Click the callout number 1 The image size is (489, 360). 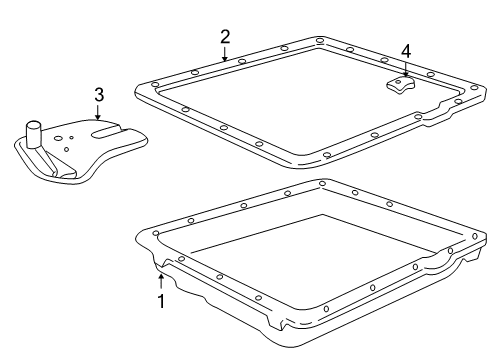(161, 301)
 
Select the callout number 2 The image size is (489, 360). (225, 37)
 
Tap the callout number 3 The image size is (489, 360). (99, 95)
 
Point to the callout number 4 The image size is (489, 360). (406, 52)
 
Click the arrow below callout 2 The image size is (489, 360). (225, 54)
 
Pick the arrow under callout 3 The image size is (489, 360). (98, 112)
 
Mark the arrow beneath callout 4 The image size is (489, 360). (406, 69)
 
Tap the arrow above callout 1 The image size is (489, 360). (161, 281)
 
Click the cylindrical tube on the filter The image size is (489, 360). (33, 134)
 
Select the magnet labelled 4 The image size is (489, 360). (401, 85)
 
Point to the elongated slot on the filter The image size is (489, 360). (106, 132)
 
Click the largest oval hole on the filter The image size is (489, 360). (58, 138)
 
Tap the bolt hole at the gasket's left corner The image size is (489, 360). (155, 84)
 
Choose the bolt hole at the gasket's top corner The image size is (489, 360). (320, 41)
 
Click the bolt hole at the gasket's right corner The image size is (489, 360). (474, 88)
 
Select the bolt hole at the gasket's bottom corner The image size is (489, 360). (327, 154)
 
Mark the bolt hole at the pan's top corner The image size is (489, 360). (322, 183)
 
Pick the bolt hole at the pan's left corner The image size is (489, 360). (156, 233)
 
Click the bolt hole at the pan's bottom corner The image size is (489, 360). (326, 309)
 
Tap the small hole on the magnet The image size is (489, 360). (398, 82)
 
